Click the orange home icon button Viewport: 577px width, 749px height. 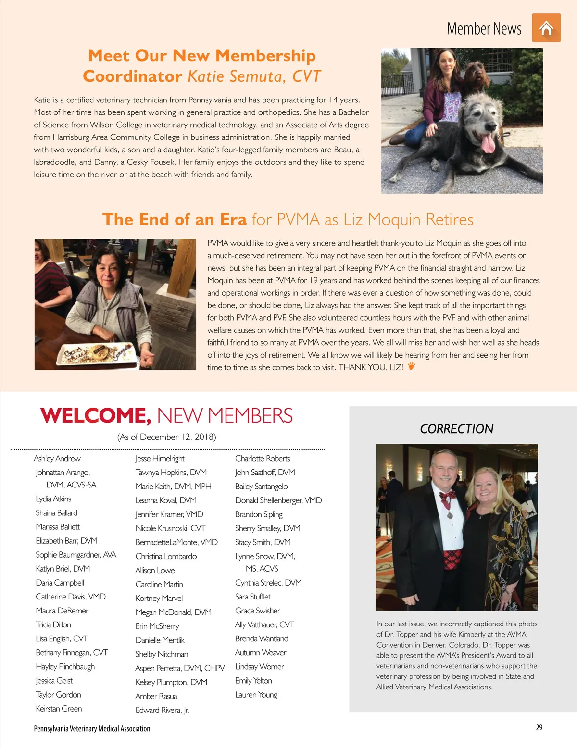pyautogui.click(x=546, y=28)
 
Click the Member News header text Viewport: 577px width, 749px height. pyautogui.click(x=484, y=29)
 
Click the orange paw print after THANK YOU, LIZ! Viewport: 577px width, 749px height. pyautogui.click(x=411, y=367)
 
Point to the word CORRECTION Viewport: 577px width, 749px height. pyautogui.click(x=456, y=429)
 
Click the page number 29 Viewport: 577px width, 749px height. pyautogui.click(x=539, y=727)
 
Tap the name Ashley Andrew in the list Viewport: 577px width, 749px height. pyautogui.click(x=57, y=459)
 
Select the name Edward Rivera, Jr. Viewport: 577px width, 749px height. pyautogui.click(x=162, y=710)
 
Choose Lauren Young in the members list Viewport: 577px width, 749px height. pyautogui.click(x=256, y=695)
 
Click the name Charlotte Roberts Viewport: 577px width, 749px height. pyautogui.click(x=263, y=459)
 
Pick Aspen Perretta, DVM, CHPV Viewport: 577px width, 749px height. pyautogui.click(x=180, y=668)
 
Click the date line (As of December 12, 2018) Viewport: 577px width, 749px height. pyautogui.click(x=166, y=437)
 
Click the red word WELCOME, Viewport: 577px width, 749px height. pyautogui.click(x=95, y=416)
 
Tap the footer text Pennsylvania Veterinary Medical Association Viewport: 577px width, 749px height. pyautogui.click(x=92, y=729)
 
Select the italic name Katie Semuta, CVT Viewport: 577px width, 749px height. pyautogui.click(x=254, y=76)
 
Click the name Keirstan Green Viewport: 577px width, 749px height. pyautogui.click(x=59, y=709)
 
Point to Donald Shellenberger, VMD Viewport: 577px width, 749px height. pyautogui.click(x=278, y=500)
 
